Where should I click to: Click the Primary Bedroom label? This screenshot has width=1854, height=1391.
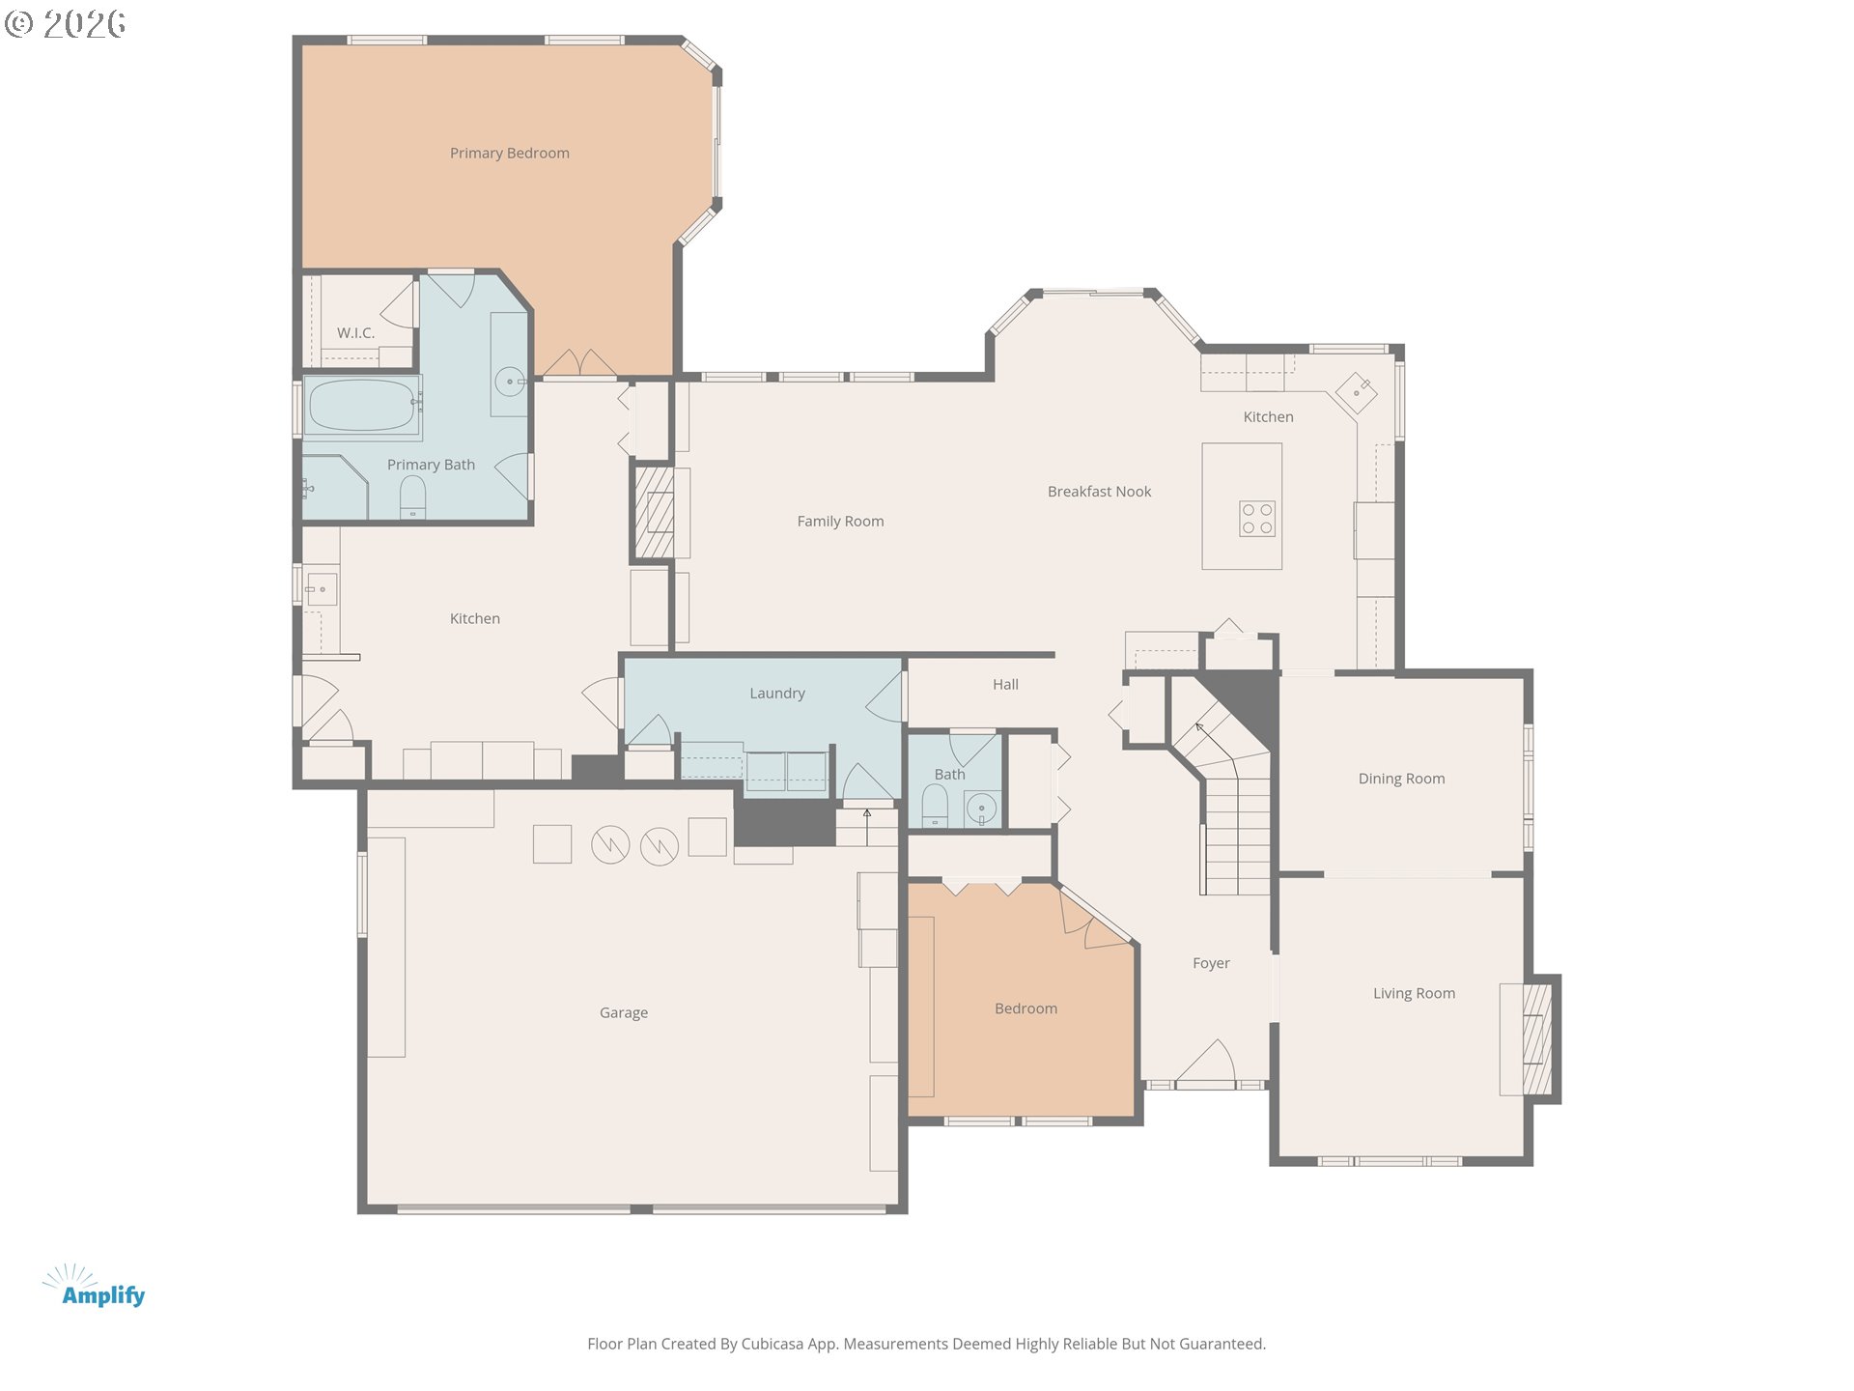(509, 153)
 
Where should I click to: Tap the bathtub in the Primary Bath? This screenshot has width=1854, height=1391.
(361, 406)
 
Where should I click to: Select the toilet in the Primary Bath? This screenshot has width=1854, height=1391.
(412, 497)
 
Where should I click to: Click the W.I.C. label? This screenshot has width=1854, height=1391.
(355, 332)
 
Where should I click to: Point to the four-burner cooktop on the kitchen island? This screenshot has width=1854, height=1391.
(1257, 519)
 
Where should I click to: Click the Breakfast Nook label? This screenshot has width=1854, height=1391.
(1099, 492)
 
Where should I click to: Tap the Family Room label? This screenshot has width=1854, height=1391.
(840, 522)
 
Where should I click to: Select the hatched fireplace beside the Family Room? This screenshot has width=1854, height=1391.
(654, 513)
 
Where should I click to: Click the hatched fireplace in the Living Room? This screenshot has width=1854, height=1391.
(1537, 1038)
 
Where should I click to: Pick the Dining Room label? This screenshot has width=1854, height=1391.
(1401, 779)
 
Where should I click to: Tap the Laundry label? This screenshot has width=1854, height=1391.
(776, 694)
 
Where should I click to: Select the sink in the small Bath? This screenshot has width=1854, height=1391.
(982, 809)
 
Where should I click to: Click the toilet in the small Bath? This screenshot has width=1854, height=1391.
(935, 805)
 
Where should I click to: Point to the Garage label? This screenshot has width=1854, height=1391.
(623, 1012)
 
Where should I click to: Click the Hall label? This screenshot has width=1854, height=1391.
(1005, 685)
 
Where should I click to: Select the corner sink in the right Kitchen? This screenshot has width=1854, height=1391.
(1356, 393)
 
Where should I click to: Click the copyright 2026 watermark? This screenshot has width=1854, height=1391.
(65, 24)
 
